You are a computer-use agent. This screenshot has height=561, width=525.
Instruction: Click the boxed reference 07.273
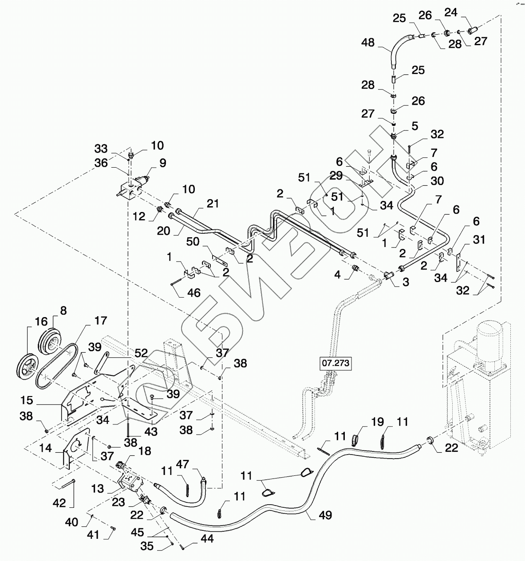tap(336, 363)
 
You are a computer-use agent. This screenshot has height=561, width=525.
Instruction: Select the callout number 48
tap(368, 43)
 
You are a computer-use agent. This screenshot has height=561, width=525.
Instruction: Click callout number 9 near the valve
tap(163, 163)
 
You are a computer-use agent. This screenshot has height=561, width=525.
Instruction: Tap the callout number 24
tap(450, 12)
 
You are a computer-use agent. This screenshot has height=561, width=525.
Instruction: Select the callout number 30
tap(437, 181)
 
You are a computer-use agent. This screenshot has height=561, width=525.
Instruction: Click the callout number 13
tap(98, 488)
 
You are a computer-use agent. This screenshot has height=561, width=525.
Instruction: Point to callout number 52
tap(141, 353)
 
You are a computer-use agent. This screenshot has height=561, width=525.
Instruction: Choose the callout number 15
tap(27, 400)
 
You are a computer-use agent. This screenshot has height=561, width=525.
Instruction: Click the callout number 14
tap(46, 448)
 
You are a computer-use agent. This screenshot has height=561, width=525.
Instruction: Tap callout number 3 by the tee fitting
tap(406, 282)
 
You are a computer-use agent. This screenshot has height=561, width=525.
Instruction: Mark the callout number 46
tap(193, 293)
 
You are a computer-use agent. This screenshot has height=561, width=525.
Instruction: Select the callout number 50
tap(193, 242)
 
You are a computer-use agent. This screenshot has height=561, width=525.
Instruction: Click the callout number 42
tap(59, 503)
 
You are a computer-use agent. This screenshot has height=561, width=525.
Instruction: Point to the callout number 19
tap(377, 422)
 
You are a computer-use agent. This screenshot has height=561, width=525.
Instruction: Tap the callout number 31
tap(479, 239)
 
